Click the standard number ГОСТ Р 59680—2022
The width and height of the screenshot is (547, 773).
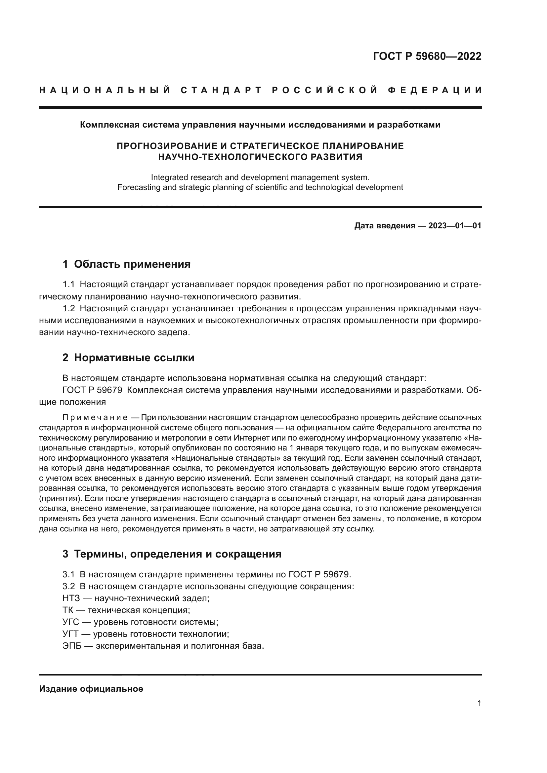[427, 56]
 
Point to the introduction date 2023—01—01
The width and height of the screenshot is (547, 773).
[454, 226]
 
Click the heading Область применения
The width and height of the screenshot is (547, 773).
[132, 264]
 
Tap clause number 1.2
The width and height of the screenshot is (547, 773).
[69, 308]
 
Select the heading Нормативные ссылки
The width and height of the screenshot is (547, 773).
[134, 358]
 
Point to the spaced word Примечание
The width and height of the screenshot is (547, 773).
[95, 418]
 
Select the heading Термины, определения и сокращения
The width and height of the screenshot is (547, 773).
[178, 554]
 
